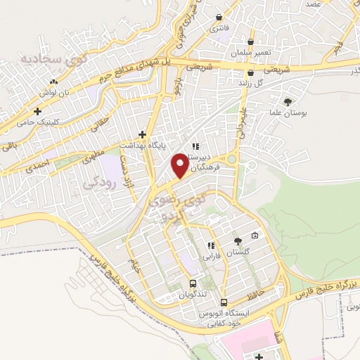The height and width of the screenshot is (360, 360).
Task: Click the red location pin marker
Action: (x=181, y=165)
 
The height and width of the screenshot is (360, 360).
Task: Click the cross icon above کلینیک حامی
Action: (x=37, y=111)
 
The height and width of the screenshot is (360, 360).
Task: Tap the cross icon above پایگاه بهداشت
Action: (x=142, y=134)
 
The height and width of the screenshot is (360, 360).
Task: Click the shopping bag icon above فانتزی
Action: (x=220, y=18)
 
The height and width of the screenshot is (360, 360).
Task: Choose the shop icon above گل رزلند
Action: (x=250, y=72)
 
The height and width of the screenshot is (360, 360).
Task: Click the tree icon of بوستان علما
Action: (x=288, y=101)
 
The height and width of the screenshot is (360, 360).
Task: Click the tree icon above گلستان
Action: (x=237, y=242)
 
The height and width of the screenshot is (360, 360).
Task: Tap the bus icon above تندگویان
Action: (x=192, y=284)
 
